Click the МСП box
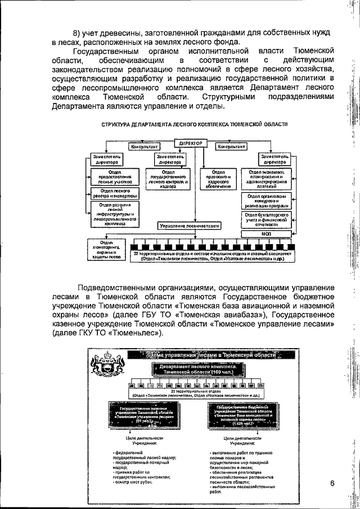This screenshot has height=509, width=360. pos(267,233)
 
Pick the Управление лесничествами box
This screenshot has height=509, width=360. pos(189,225)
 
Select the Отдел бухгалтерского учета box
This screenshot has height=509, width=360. pos(267,219)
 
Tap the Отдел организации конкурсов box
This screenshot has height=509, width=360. pos(267,200)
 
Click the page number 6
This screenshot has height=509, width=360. pos(332,484)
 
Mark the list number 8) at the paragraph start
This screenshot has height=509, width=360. pos(78,31)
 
